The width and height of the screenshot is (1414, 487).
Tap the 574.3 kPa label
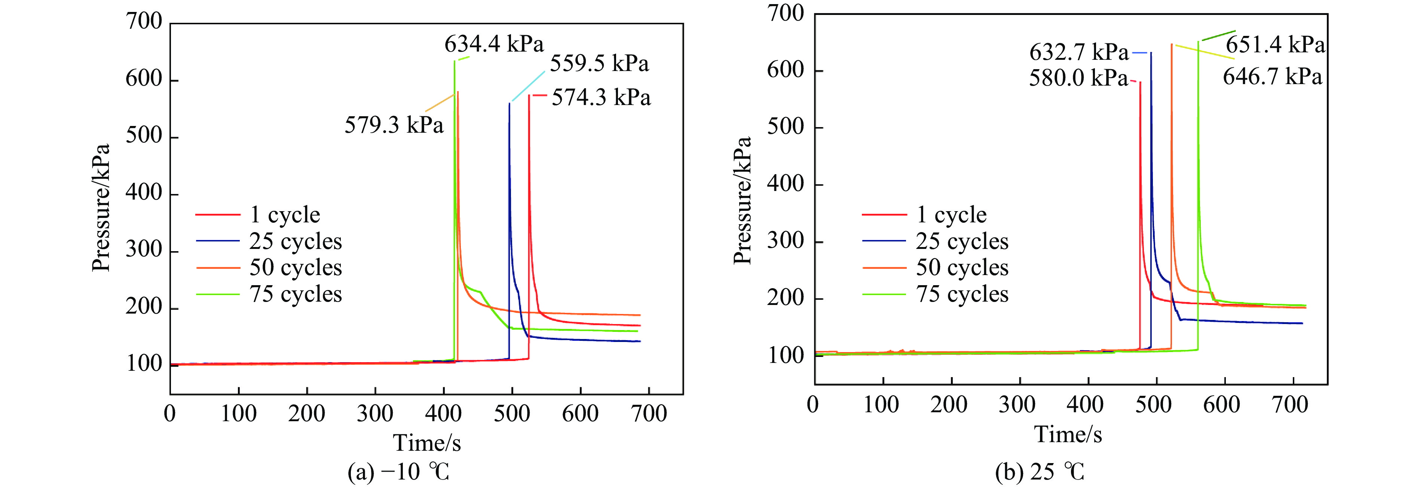pyautogui.click(x=601, y=98)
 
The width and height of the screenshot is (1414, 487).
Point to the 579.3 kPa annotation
pyautogui.click(x=394, y=125)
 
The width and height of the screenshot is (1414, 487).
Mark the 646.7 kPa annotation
pyautogui.click(x=1272, y=76)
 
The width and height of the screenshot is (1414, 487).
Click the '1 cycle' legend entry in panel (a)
pyautogui.click(x=284, y=215)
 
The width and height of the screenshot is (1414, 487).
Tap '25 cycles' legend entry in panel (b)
pyautogui.click(x=962, y=241)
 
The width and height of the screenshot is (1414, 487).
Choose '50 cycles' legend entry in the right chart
pyautogui.click(x=962, y=268)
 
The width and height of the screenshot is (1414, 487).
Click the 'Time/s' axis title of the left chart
pyautogui.click(x=426, y=443)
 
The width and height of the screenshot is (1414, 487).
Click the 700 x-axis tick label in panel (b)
pyautogui.click(x=1289, y=405)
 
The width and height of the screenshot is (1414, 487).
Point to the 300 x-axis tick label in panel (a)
pyautogui.click(x=375, y=413)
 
